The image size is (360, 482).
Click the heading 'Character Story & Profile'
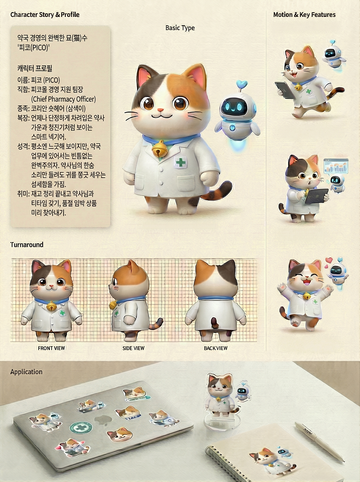pyautogui.click(x=45, y=15)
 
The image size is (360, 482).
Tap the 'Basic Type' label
pyautogui.click(x=180, y=28)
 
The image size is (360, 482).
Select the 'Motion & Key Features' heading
pyautogui.click(x=304, y=15)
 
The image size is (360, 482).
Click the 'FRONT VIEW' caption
pyautogui.click(x=51, y=348)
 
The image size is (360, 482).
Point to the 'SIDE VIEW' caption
pyautogui.click(x=133, y=348)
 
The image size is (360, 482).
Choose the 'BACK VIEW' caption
pyautogui.click(x=215, y=348)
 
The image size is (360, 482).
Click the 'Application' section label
pyautogui.click(x=26, y=372)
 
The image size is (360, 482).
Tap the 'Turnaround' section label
pyautogui.click(x=27, y=245)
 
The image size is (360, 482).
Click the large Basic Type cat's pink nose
pyautogui.click(x=160, y=110)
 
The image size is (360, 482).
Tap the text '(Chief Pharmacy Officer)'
pyautogui.click(x=63, y=99)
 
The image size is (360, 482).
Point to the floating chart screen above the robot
pyautogui.click(x=336, y=166)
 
